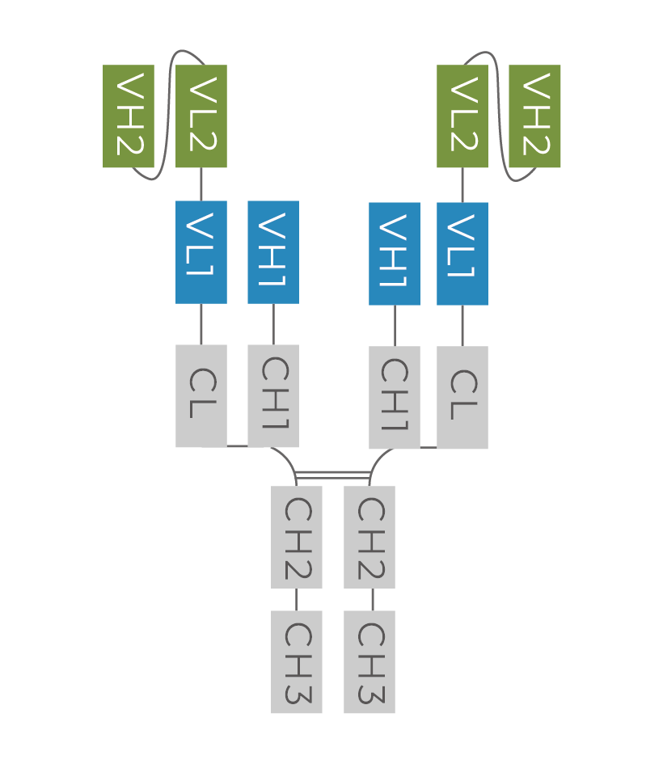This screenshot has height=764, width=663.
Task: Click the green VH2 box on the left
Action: [x=128, y=116]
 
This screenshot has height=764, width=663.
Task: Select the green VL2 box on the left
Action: [x=201, y=116]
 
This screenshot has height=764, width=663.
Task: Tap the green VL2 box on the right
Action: [x=462, y=116]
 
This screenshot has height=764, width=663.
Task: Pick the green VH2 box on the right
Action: [x=534, y=116]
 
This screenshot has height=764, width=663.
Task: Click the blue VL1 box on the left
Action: [x=201, y=252]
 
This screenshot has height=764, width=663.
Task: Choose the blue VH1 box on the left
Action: [x=273, y=252]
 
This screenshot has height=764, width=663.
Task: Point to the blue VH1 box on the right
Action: [x=395, y=254]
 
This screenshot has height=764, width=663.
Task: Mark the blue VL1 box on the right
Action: [x=462, y=254]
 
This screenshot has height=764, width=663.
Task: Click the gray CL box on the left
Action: [x=201, y=395]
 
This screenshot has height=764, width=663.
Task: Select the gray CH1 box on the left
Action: [x=273, y=395]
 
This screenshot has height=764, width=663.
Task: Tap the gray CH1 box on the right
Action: [x=395, y=397]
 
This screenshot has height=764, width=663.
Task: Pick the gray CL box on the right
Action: [x=462, y=397]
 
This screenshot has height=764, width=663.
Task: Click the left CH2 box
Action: [x=297, y=537]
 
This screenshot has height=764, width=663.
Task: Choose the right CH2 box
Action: [x=370, y=537]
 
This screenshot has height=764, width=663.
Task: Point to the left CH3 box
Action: [x=297, y=662]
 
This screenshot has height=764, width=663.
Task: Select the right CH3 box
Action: [x=370, y=662]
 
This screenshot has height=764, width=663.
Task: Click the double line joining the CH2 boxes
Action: [x=333, y=475]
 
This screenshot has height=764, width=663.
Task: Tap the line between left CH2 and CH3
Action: [x=296, y=599]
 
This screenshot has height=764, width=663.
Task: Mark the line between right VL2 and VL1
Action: [x=462, y=185]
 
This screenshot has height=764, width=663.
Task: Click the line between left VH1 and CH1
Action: [x=273, y=324]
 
